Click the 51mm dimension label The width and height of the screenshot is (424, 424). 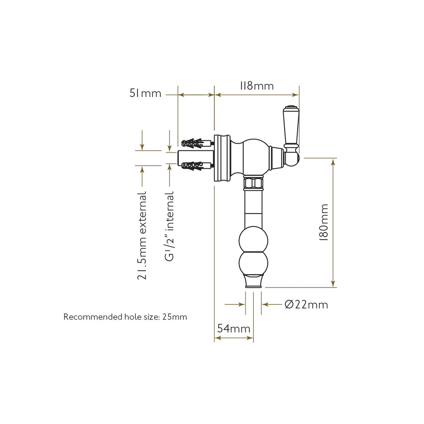[145, 93]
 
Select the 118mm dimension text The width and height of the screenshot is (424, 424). [257, 86]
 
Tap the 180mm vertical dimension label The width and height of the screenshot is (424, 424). [324, 222]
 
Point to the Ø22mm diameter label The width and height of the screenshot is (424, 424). [306, 305]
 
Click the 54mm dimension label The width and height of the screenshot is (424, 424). [234, 328]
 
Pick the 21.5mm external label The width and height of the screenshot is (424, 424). [142, 235]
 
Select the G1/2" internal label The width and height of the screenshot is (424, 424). [169, 226]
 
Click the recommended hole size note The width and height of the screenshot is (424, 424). [125, 317]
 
